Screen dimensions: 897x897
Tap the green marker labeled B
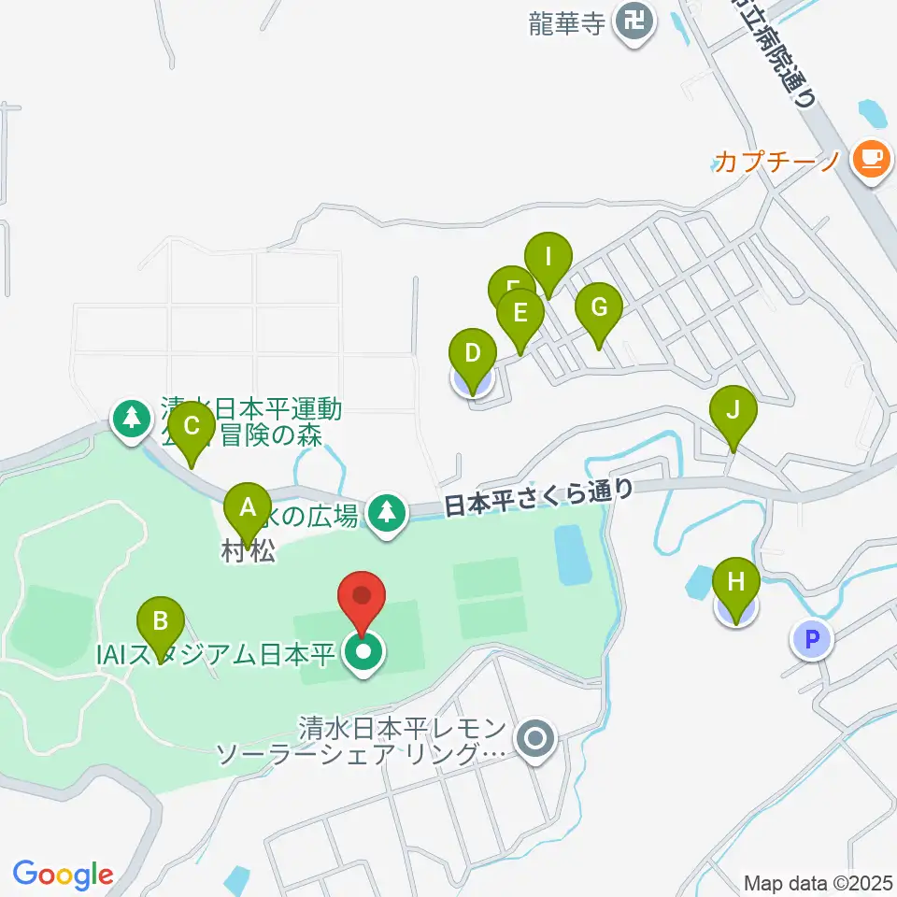tap(161, 621)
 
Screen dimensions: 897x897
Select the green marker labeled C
tap(192, 428)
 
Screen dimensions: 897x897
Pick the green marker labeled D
tap(473, 356)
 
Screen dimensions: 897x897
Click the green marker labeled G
tap(599, 308)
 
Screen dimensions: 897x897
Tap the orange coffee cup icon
tap(871, 158)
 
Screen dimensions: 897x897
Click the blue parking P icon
tap(811, 640)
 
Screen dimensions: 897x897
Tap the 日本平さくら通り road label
tap(538, 498)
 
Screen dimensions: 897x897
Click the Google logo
tap(64, 874)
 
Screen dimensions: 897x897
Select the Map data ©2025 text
tap(818, 882)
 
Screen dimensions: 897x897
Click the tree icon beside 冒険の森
tap(132, 418)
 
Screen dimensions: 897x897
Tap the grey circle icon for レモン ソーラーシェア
tap(535, 740)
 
